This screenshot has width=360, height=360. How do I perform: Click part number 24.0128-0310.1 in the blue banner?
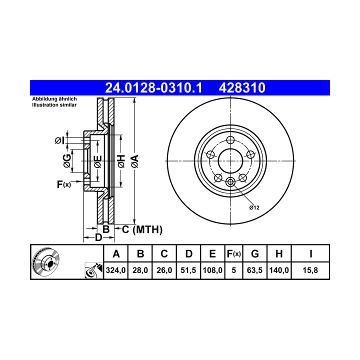(x=153, y=88)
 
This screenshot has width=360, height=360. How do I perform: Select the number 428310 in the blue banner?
(x=242, y=88)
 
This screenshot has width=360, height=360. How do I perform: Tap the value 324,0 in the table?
(x=115, y=270)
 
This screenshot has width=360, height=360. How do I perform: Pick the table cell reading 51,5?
(x=188, y=270)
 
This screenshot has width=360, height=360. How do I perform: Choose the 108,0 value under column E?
(x=212, y=270)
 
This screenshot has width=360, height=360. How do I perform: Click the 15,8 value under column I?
(x=310, y=270)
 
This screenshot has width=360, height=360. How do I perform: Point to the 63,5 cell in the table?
(x=254, y=270)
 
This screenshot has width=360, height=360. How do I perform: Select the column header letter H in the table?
(x=279, y=254)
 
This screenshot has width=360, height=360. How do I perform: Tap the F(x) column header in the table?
(x=233, y=254)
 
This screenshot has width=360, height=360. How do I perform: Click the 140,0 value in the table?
(x=279, y=270)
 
